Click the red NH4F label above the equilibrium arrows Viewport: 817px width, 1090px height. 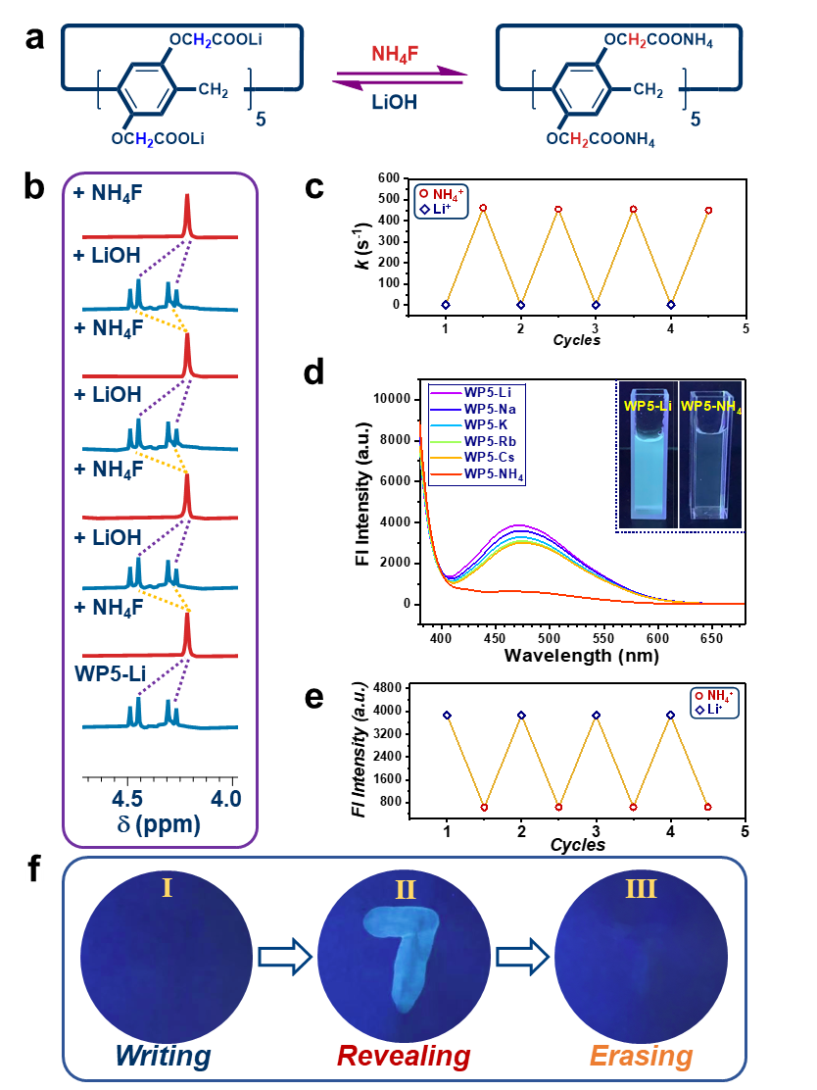tap(395, 54)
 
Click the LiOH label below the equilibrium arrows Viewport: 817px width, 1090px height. tap(395, 101)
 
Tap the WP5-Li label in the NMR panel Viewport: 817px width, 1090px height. tap(108, 673)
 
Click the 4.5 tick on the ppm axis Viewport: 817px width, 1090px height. tap(127, 798)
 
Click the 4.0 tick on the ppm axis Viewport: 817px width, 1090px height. tap(225, 798)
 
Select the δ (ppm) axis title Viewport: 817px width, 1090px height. tap(159, 824)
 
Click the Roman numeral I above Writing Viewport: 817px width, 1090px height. tap(168, 888)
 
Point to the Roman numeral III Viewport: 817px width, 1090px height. tap(641, 888)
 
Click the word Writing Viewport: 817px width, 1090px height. tap(163, 1056)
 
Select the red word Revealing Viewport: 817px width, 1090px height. tap(404, 1056)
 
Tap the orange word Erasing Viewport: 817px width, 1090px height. tap(641, 1056)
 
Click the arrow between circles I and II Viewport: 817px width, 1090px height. tap(284, 957)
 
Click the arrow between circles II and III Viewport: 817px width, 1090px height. tap(522, 957)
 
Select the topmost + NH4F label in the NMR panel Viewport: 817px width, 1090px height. tap(108, 193)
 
